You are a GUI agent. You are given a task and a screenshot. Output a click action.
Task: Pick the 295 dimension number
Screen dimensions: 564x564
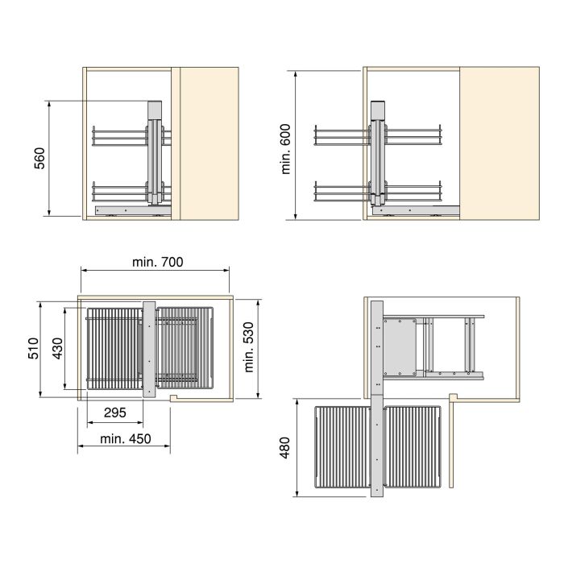[x=115, y=413]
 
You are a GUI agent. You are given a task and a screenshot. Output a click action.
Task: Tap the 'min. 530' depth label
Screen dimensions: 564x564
[x=249, y=348]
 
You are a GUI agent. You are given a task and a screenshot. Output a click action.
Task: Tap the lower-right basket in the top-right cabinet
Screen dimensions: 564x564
[x=416, y=191]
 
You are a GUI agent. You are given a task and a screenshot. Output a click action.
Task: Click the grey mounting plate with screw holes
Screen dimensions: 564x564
[x=399, y=347]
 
